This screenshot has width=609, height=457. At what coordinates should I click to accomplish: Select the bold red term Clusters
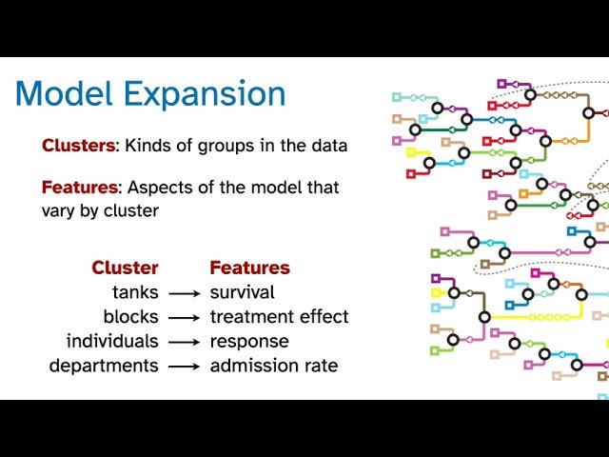[78, 146]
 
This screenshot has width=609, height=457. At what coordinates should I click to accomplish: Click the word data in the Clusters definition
[326, 146]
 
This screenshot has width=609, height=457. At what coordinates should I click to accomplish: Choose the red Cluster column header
[125, 268]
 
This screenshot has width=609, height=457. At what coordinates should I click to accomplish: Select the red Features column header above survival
[249, 268]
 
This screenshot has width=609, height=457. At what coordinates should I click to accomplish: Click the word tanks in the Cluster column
[135, 292]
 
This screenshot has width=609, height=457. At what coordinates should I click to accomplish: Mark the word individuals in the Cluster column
[111, 341]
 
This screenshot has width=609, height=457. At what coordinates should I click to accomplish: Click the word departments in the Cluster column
[104, 366]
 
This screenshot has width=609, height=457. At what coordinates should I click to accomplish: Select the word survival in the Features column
[242, 292]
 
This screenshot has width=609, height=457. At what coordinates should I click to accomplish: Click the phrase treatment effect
[279, 316]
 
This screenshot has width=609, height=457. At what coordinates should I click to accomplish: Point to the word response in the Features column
[248, 341]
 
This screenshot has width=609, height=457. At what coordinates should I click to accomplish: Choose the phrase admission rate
[273, 366]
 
